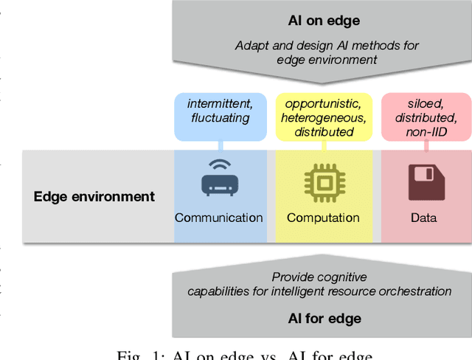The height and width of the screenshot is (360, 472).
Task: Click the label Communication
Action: point(219,218)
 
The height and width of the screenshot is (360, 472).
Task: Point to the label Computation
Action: point(323,218)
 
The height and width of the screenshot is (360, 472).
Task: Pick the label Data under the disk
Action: point(424,218)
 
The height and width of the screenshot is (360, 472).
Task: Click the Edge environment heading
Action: point(94,196)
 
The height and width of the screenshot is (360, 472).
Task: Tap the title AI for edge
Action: point(324,319)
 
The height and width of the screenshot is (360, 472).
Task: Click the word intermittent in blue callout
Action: point(220,103)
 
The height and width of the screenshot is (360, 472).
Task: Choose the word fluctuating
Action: point(220,118)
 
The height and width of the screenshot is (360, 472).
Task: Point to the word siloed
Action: point(426,103)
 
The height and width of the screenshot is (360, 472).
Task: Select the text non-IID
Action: point(426,132)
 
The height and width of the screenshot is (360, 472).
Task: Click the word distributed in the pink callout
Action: point(426,118)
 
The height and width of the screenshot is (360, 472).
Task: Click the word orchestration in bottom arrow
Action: point(417,291)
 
